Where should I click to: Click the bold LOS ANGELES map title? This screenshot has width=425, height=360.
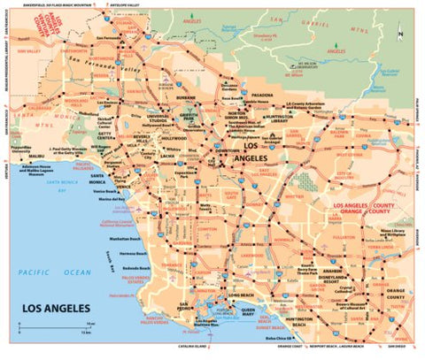coord(61,308)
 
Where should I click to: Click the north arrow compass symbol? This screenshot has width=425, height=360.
coord(401,36)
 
